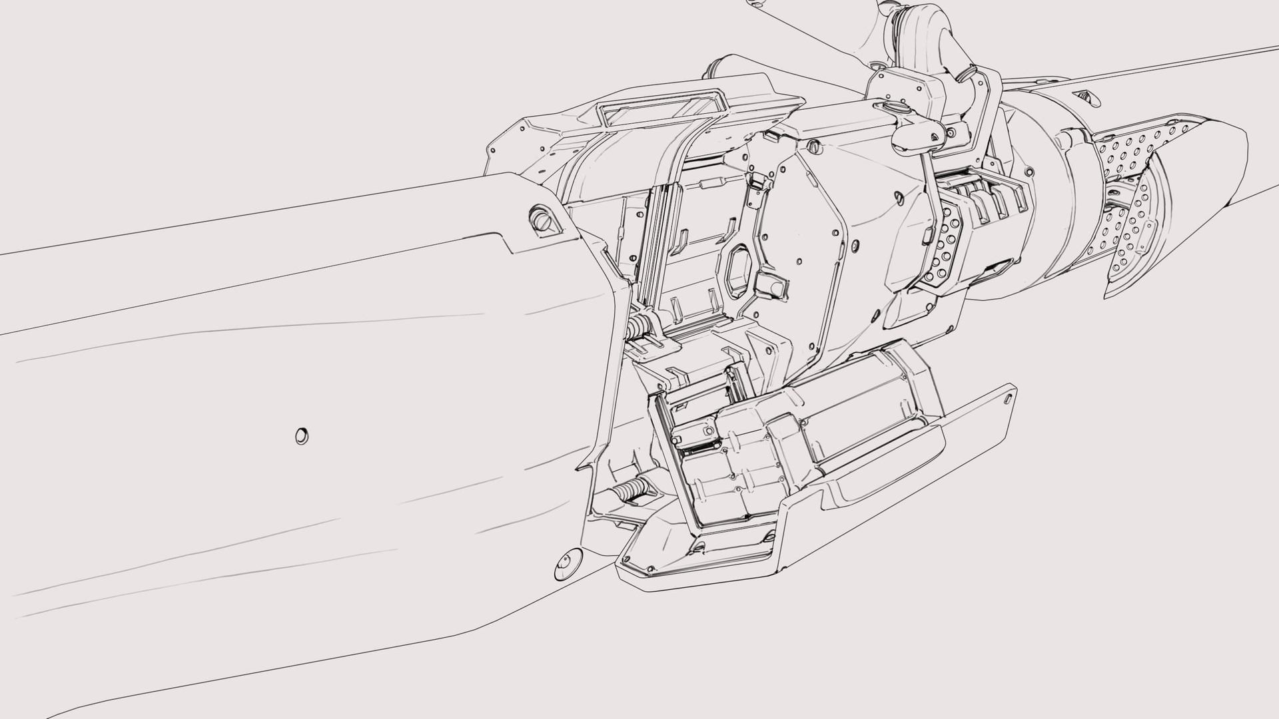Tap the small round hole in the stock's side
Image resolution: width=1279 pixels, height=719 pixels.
pyautogui.click(x=302, y=436)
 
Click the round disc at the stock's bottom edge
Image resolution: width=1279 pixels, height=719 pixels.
pyautogui.click(x=567, y=563)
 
